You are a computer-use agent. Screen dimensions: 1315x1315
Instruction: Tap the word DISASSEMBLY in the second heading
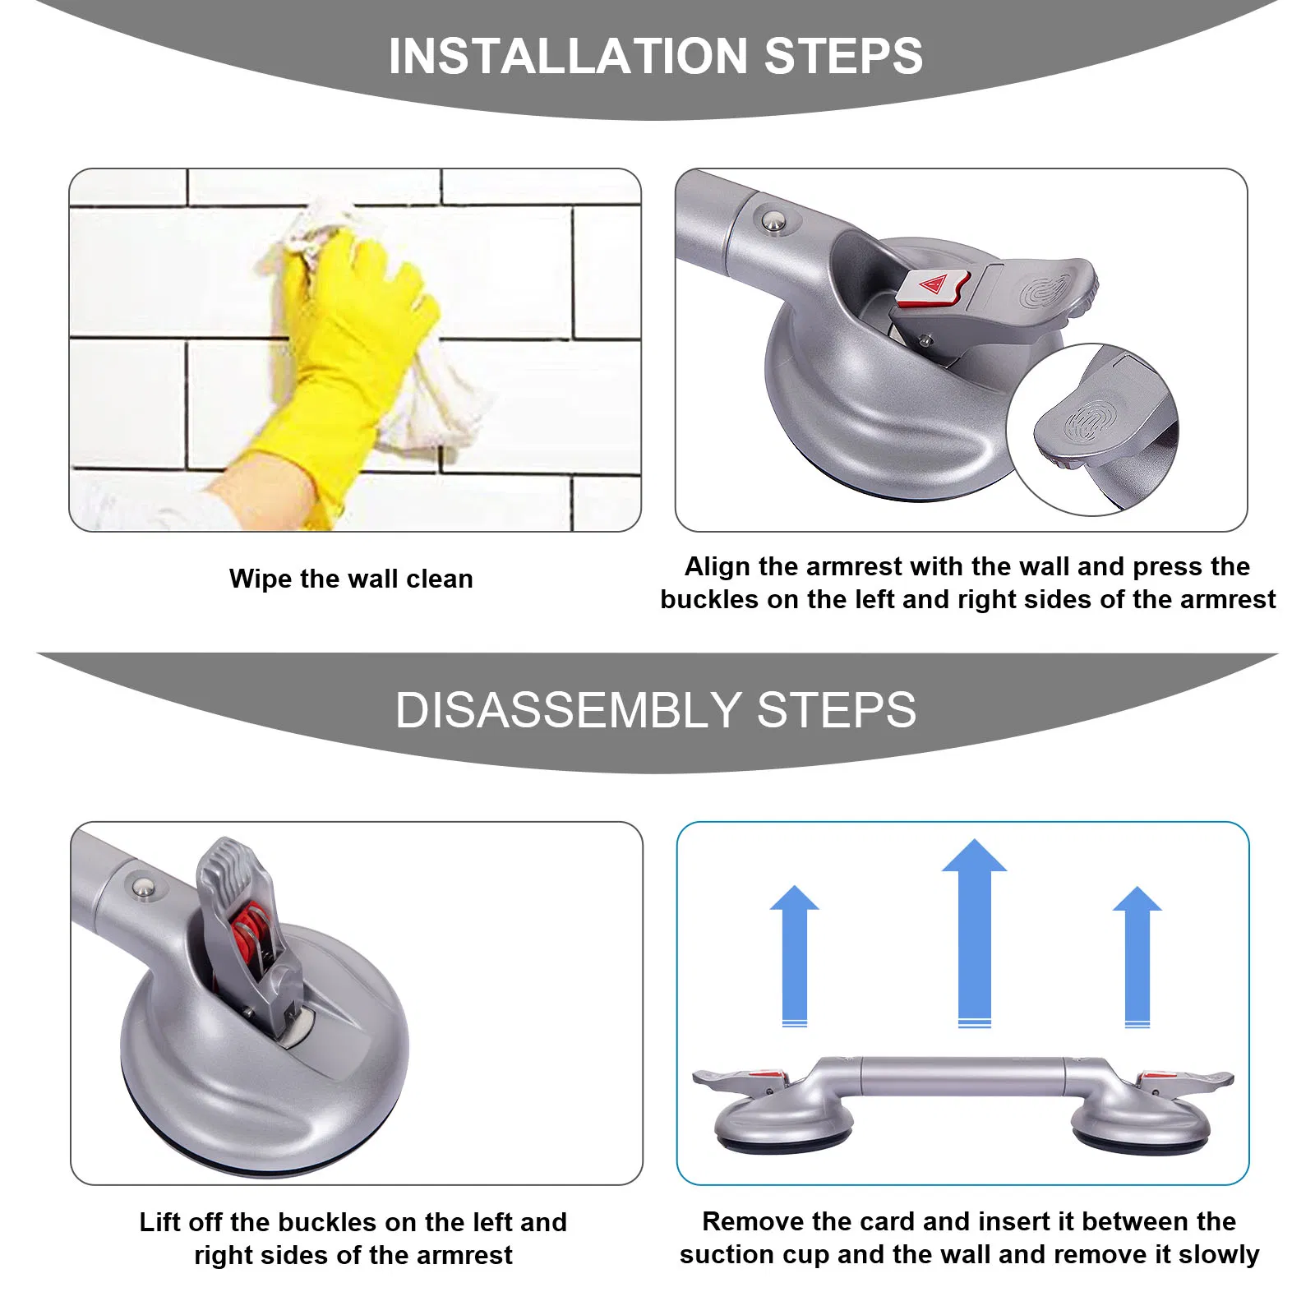coord(567,709)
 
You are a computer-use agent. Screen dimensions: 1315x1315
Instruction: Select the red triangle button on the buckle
coord(934,286)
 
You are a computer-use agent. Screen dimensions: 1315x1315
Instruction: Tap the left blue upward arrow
coord(794,953)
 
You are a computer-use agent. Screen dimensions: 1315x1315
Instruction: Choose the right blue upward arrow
coord(1137,953)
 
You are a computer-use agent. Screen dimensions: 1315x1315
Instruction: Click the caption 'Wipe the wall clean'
coord(351,579)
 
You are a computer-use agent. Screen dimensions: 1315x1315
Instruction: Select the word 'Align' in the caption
coord(717,566)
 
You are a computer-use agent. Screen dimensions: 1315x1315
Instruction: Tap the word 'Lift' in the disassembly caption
coord(159,1222)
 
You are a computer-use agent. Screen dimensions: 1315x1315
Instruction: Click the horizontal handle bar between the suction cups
coord(962,1076)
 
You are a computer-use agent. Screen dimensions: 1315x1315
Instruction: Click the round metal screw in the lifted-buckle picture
coord(144,888)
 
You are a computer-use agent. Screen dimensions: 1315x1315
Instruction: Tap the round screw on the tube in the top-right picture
coord(773,219)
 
